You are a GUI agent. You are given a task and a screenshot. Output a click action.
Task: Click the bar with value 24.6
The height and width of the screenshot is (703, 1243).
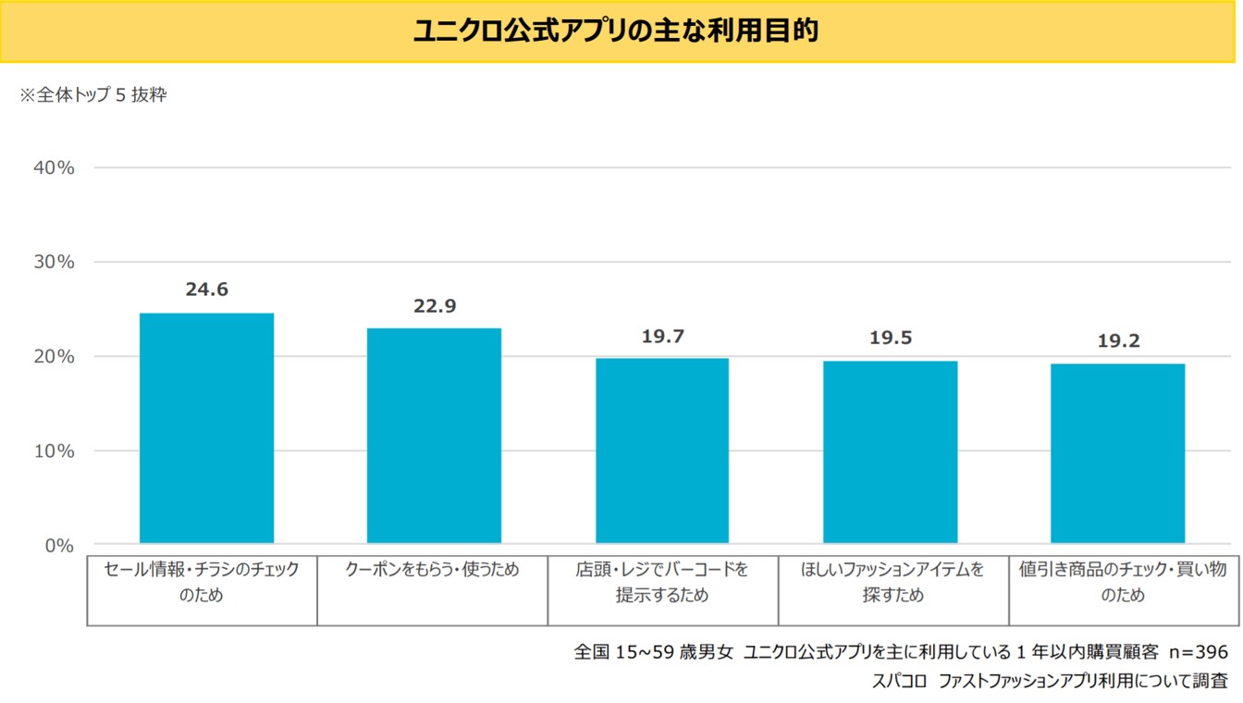206,427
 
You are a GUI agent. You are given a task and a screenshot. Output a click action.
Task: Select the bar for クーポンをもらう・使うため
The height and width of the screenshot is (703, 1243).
434,435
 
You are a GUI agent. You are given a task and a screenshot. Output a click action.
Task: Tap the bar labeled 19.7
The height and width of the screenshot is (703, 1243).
662,450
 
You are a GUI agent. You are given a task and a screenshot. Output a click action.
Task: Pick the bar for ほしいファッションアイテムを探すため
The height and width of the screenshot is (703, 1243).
890,451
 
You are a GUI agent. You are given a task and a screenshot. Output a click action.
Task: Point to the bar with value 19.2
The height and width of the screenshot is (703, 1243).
1117,453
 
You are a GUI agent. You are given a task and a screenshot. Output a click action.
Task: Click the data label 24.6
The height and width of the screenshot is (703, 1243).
206,290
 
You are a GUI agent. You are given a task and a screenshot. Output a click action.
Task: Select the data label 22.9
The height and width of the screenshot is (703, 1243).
435,306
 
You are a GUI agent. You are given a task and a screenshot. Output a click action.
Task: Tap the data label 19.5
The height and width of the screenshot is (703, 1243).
890,338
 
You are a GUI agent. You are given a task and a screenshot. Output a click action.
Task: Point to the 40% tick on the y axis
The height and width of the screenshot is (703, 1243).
53,167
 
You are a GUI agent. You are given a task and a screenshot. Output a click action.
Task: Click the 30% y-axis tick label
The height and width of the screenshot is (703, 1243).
53,262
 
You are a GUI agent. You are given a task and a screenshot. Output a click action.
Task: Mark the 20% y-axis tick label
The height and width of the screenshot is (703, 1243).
53,356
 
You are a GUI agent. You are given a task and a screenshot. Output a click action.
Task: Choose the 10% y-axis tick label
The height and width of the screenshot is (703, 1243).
53,451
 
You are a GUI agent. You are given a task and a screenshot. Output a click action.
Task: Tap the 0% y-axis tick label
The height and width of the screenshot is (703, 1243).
58,546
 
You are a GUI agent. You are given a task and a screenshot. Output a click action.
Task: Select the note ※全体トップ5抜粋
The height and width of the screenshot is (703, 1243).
93,94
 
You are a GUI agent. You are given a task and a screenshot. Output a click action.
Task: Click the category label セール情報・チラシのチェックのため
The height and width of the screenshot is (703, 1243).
202,582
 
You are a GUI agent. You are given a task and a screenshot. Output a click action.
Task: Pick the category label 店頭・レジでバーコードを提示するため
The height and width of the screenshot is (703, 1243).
662,582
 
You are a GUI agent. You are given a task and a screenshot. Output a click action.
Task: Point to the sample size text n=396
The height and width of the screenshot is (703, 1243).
1198,651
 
